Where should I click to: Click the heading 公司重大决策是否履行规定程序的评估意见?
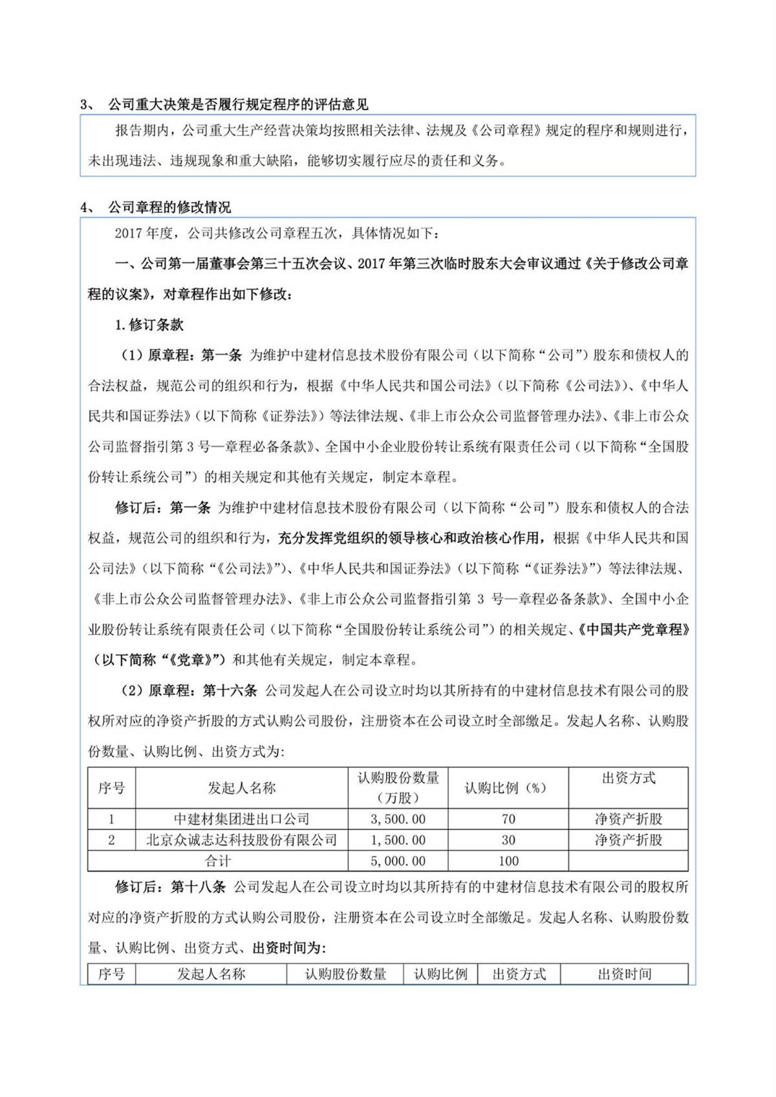click(x=238, y=105)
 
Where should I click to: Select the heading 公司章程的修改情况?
click(x=169, y=208)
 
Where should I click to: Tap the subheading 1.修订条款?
click(x=149, y=325)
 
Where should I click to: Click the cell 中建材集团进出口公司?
click(x=241, y=819)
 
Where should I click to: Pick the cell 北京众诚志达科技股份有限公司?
click(x=241, y=840)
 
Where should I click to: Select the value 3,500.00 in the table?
click(x=398, y=819)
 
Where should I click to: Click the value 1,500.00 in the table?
click(x=398, y=840)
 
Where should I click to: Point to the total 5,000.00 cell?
click(x=398, y=861)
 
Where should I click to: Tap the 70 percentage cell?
click(x=508, y=819)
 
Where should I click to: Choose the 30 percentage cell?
click(x=508, y=840)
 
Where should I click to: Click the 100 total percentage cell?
click(x=508, y=861)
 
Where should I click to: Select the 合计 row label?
click(x=218, y=861)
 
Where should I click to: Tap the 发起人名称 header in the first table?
click(x=241, y=788)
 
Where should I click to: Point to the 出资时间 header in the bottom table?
click(x=624, y=974)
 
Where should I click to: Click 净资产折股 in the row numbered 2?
click(x=628, y=840)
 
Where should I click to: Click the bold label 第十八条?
click(x=198, y=887)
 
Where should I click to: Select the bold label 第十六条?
click(x=230, y=691)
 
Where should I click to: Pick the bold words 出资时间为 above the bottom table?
click(x=289, y=948)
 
